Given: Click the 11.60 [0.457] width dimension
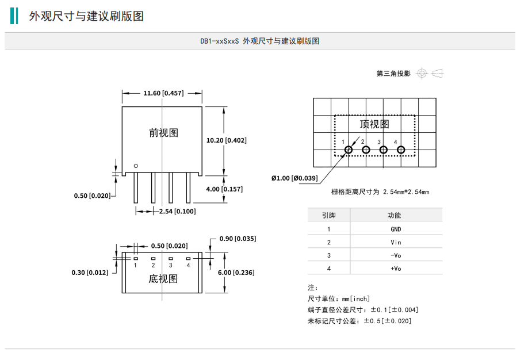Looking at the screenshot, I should coord(163,93).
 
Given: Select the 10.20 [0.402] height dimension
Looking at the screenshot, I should coord(226,140).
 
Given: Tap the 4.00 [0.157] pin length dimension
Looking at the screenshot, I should coord(224,189).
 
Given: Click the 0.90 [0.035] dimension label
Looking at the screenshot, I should coord(238,239).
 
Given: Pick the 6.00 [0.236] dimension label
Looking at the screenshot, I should coord(235,273).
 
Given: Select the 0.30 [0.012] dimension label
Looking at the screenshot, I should coord(90,273).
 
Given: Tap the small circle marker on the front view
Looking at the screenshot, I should coord(136,166).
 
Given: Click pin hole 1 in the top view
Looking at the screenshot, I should coord(348,151).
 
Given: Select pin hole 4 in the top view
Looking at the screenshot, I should coord(401,151).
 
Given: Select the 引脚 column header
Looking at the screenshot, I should coord(329,215).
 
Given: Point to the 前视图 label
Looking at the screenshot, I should coord(163,133).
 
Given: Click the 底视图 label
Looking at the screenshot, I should coord(163,279).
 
